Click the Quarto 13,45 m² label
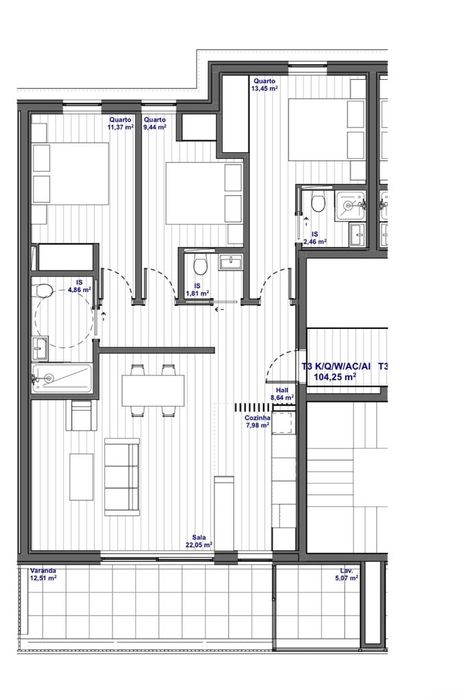[x=264, y=84]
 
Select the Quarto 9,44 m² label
[x=154, y=124]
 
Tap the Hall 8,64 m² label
[x=282, y=394]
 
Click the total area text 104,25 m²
[x=335, y=379]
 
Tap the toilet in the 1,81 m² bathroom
[x=200, y=265]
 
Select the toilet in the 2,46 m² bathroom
[x=318, y=204]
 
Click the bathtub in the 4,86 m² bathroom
[x=62, y=378]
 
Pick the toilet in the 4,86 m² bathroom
[x=43, y=291]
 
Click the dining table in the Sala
[x=152, y=390]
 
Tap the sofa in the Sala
[x=122, y=470]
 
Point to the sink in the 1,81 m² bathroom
[x=230, y=262]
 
